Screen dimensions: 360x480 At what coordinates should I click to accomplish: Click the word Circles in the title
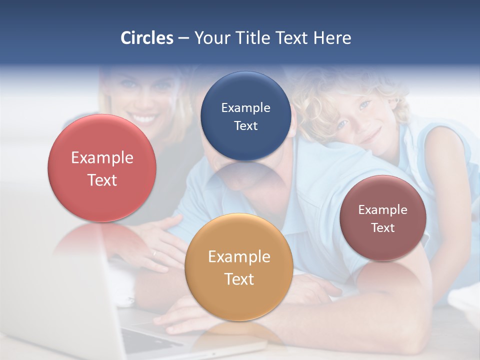147,38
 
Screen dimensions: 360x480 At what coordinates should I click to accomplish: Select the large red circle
102,168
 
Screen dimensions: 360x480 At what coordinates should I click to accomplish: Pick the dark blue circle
245,116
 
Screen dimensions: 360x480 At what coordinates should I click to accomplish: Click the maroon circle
383,218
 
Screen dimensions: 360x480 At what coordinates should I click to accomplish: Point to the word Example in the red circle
102,158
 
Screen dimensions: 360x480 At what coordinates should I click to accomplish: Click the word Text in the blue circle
245,126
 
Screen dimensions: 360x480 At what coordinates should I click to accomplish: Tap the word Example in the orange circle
239,257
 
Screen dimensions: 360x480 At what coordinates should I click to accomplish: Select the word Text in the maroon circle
383,228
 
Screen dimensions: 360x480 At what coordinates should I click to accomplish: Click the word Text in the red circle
102,180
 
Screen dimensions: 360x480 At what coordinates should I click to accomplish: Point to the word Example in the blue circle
245,108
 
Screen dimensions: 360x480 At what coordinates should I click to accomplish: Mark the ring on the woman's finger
154,253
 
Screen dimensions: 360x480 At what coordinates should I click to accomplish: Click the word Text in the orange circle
239,279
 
